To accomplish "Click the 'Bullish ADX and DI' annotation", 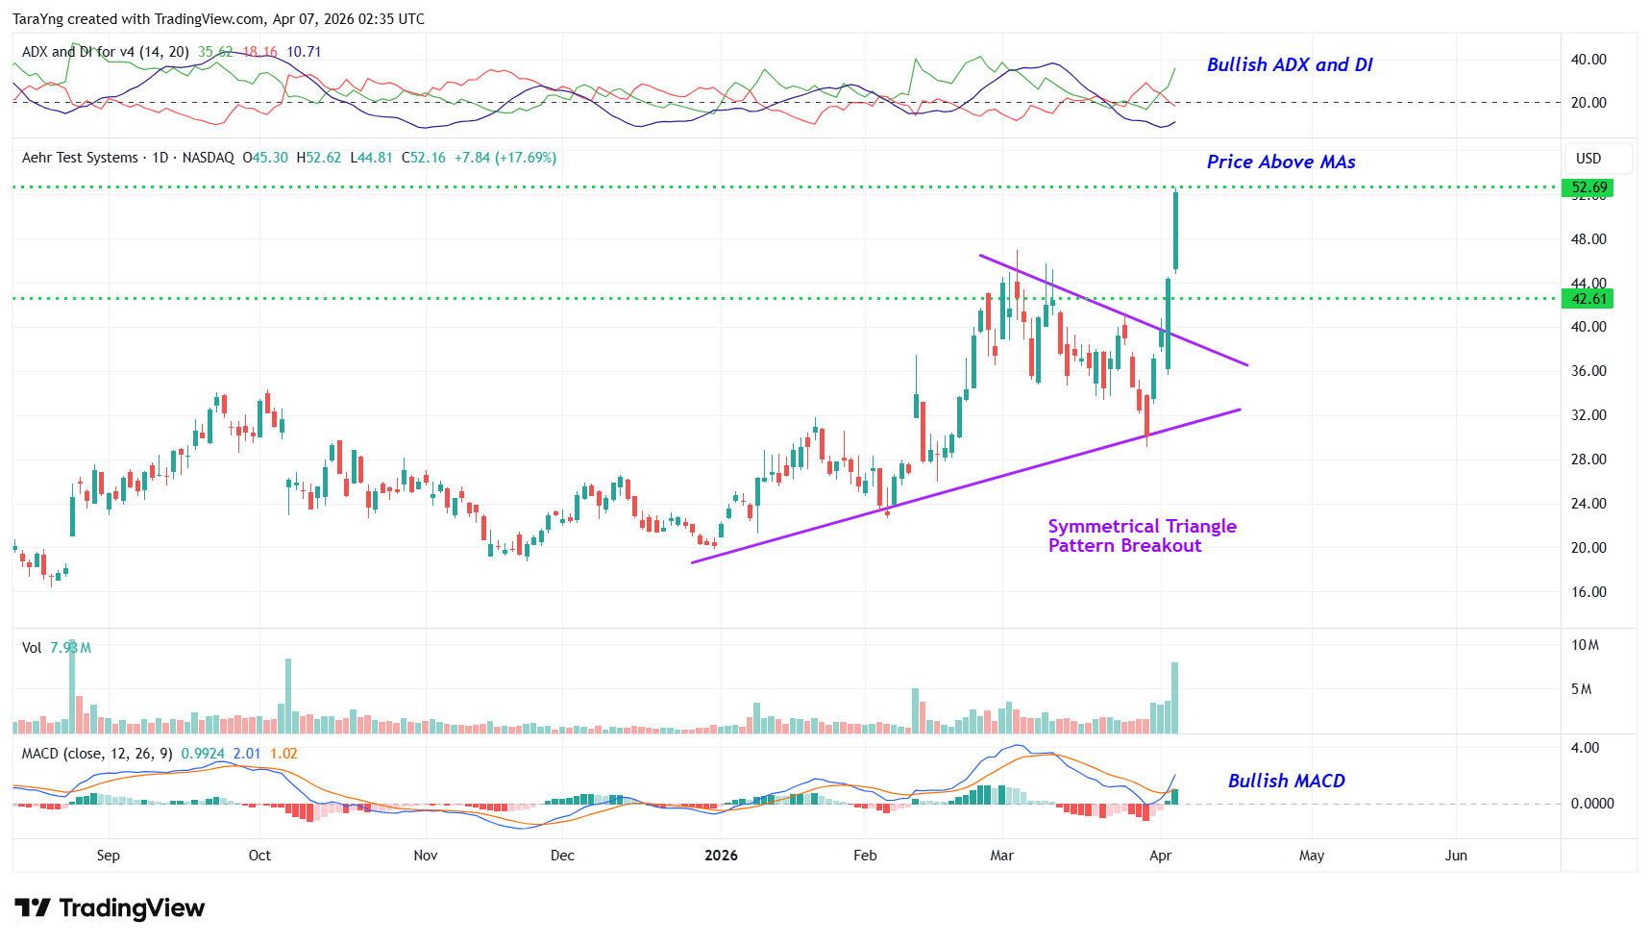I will (x=1289, y=64).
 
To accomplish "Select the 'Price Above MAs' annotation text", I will (x=1280, y=161).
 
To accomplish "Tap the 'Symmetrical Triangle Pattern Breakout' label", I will (x=1142, y=535).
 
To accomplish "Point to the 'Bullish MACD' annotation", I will (x=1286, y=781).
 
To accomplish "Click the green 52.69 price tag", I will (x=1588, y=187).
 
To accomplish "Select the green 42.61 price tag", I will (x=1588, y=299).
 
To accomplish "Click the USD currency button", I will (x=1588, y=159).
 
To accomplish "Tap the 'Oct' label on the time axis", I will (x=259, y=856).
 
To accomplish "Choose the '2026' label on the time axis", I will (x=721, y=856).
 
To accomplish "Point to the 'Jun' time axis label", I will (x=1456, y=856).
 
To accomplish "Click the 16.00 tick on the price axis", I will (x=1588, y=592).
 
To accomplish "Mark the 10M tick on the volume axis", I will (x=1585, y=645).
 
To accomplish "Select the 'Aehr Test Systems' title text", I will (x=80, y=158).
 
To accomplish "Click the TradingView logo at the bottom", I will (x=110, y=908).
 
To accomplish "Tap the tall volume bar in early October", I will (x=287, y=695).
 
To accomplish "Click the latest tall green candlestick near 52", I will (x=1175, y=231).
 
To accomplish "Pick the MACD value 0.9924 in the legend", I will (x=203, y=754).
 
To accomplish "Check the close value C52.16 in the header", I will (x=424, y=158).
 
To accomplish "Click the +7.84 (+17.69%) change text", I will (x=505, y=158).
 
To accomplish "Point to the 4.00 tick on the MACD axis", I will (x=1585, y=748).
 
